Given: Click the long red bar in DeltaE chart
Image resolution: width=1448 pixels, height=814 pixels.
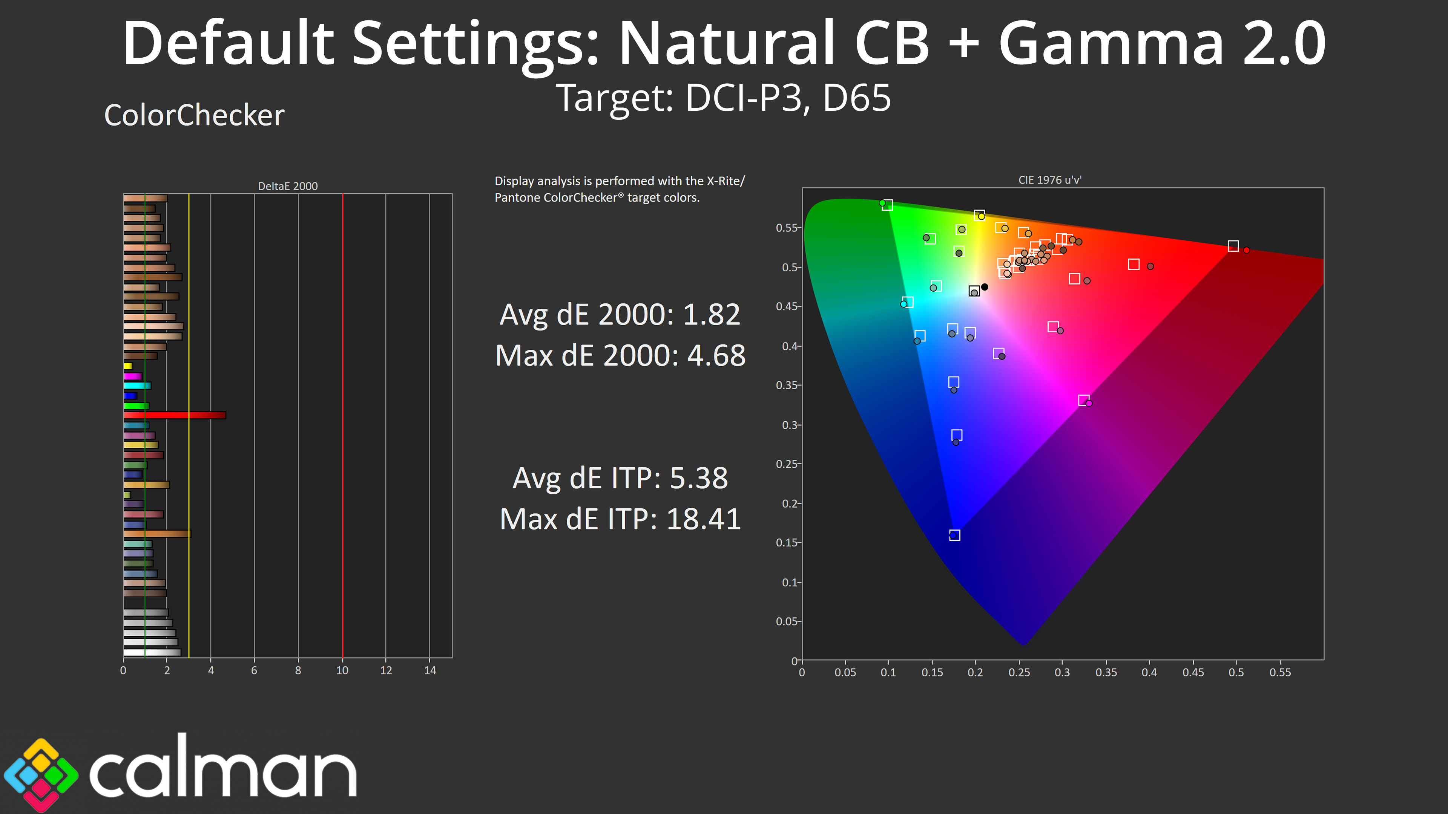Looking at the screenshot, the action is tap(175, 415).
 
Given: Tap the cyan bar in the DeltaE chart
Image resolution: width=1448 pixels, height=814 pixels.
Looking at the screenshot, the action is tap(137, 386).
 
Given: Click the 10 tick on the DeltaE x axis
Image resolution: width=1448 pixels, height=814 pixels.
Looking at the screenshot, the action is tap(342, 670).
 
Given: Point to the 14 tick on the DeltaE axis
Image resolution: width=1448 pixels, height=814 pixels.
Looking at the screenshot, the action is tap(430, 670).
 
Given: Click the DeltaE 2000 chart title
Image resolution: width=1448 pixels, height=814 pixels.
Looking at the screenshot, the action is tap(288, 186).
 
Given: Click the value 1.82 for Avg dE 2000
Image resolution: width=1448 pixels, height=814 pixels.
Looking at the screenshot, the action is tap(711, 315).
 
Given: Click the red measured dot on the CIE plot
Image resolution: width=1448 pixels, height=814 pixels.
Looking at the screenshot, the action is tap(1246, 250).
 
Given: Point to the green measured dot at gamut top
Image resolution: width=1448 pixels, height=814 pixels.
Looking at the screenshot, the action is tap(882, 203).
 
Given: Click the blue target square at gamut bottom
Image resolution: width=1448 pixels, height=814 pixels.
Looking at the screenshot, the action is tap(954, 535).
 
